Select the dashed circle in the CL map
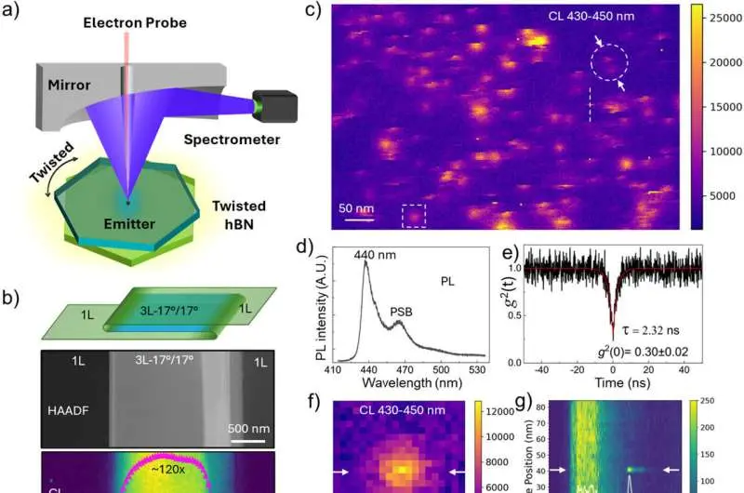point(610,62)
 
